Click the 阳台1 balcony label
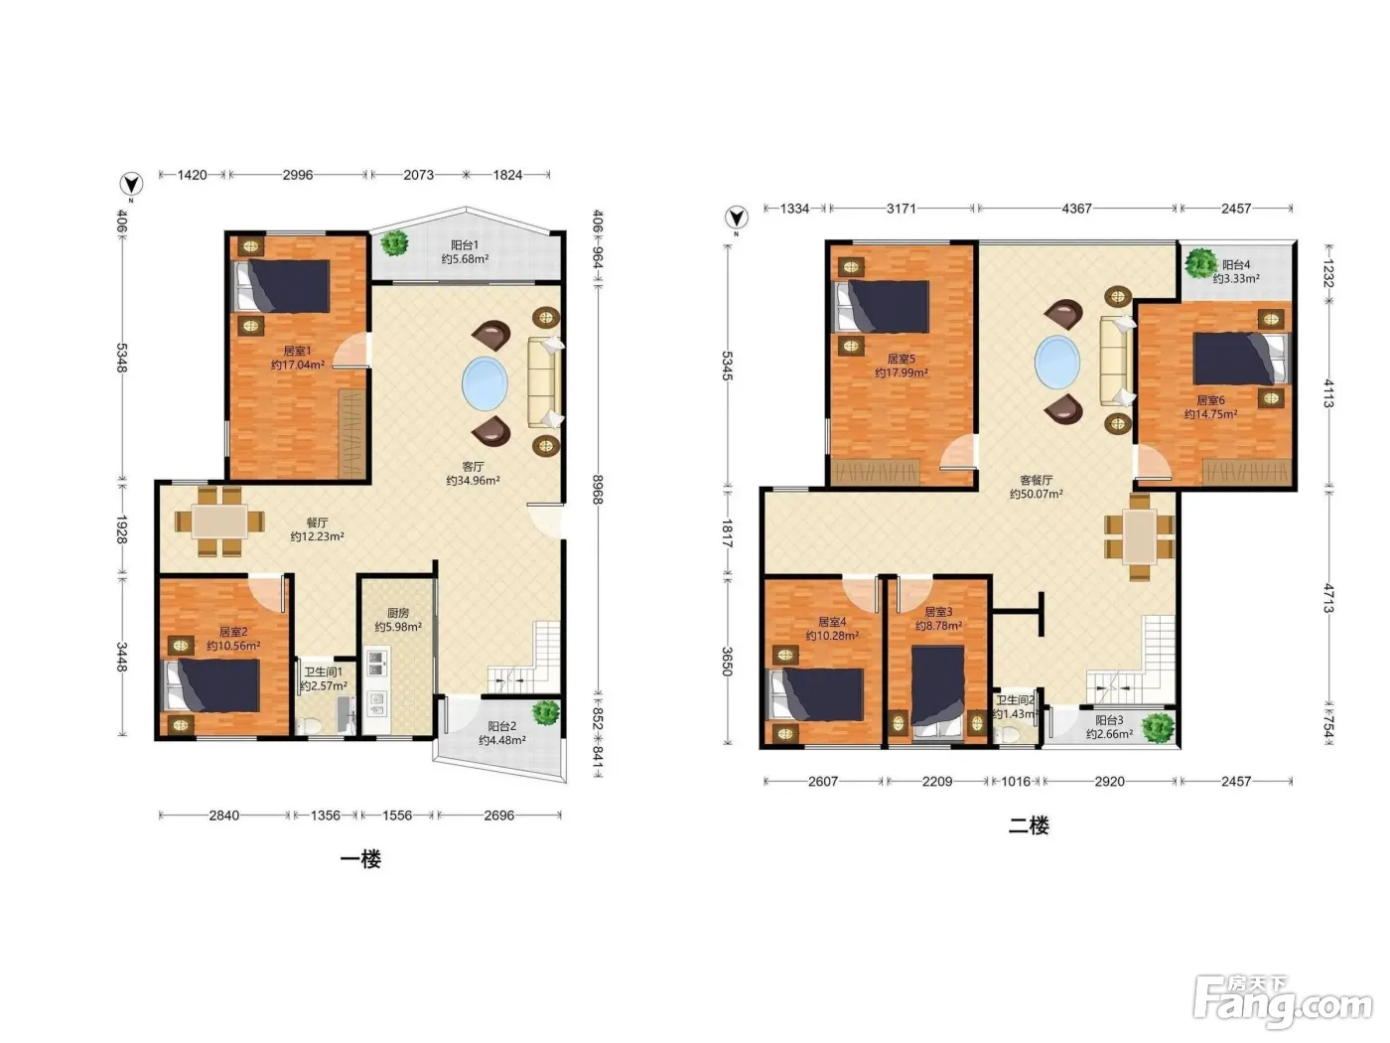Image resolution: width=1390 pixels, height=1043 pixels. (x=465, y=245)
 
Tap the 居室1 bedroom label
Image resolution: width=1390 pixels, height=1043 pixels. (x=297, y=351)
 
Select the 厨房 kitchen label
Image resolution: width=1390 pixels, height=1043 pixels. (x=398, y=613)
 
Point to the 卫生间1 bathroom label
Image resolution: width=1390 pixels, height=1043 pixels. (x=323, y=671)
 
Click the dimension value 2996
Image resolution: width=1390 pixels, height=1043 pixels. (x=298, y=175)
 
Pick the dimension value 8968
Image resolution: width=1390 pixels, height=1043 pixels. (x=597, y=490)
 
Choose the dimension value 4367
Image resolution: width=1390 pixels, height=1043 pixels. (x=1076, y=209)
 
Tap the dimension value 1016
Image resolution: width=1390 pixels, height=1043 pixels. (x=1016, y=782)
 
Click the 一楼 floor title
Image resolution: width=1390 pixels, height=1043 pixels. (x=361, y=859)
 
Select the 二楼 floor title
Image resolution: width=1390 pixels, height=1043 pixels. (x=1029, y=825)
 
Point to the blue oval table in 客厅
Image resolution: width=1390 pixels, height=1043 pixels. (x=485, y=383)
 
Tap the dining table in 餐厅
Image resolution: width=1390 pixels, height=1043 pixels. (x=219, y=521)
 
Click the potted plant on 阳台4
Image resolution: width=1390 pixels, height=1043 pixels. (x=1200, y=263)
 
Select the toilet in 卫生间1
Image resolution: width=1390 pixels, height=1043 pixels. (x=311, y=726)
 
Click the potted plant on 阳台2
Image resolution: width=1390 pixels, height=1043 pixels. (x=545, y=713)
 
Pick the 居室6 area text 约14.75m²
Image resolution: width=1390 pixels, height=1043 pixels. (x=1210, y=414)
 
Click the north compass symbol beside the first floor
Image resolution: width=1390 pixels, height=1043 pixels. (x=131, y=185)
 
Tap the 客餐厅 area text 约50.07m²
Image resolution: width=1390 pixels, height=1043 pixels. (x=1036, y=494)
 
